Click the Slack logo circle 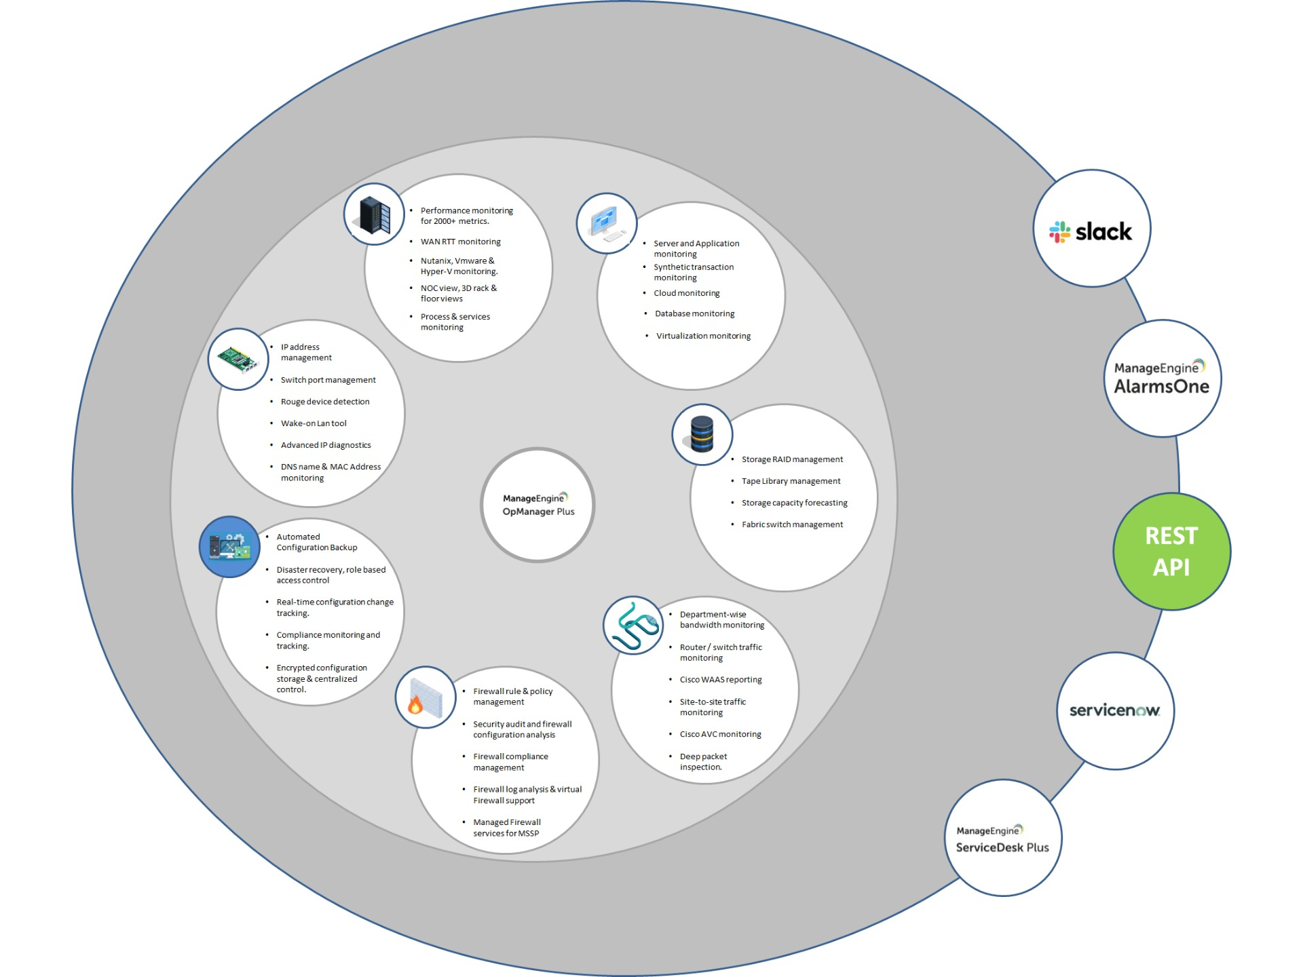[x=1091, y=229]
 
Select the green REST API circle [x=1171, y=551]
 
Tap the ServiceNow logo [x=1115, y=710]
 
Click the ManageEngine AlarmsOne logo [x=1162, y=378]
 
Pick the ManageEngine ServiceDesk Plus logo [x=1002, y=839]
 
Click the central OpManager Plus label [x=538, y=505]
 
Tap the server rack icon [x=374, y=214]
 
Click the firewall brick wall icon [x=425, y=697]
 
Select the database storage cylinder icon [x=702, y=434]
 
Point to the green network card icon [x=238, y=359]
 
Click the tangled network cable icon [x=633, y=626]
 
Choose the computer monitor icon [x=606, y=223]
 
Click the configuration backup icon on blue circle [x=229, y=547]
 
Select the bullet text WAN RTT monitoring [x=460, y=242]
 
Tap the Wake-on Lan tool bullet [x=314, y=423]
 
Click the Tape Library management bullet [x=791, y=481]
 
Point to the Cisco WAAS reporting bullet [x=721, y=680]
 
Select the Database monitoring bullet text [x=694, y=313]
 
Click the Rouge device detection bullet [x=325, y=402]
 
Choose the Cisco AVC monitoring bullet [x=720, y=734]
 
